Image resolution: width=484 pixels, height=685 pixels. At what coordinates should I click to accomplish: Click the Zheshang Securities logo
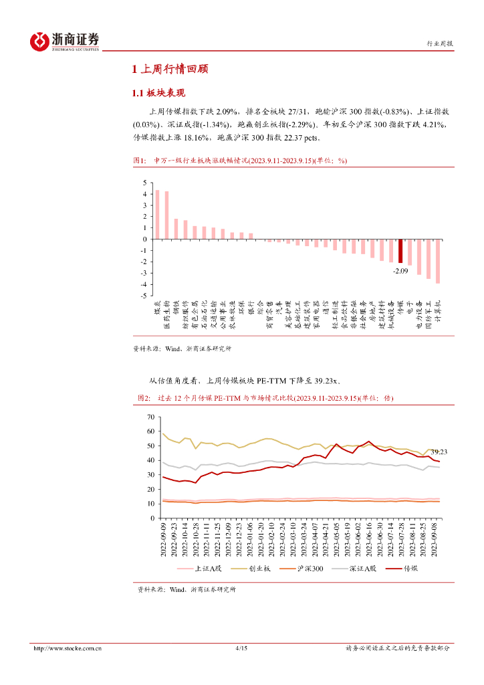coord(65,41)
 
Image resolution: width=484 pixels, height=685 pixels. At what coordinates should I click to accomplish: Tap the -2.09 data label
coord(400,272)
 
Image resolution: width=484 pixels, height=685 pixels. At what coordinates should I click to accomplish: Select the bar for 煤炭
coord(157,214)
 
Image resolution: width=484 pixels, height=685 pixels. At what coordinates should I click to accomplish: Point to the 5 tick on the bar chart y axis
coord(144,183)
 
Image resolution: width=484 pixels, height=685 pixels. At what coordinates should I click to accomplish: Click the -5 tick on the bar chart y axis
coord(143,295)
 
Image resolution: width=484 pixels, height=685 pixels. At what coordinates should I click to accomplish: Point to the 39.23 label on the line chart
coord(439,452)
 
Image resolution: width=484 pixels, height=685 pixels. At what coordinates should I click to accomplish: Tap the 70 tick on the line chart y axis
coord(150,417)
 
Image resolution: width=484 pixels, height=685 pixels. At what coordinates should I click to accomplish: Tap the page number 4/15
coord(242,648)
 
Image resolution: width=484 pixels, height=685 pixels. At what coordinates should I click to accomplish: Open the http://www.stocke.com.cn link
coord(68,648)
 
